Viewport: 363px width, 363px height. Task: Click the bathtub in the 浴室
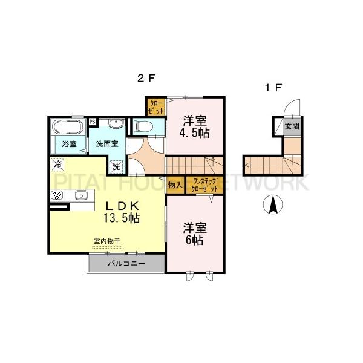click(x=68, y=128)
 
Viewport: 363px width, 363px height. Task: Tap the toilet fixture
click(x=143, y=126)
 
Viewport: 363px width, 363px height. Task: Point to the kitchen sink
click(x=81, y=195)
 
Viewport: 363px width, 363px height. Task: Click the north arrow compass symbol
click(x=273, y=206)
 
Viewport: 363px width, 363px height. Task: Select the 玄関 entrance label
click(x=292, y=126)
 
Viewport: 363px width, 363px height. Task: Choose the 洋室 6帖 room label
click(x=195, y=234)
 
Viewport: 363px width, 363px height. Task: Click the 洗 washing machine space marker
click(x=116, y=165)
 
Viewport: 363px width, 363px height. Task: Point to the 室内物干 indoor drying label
click(x=106, y=241)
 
